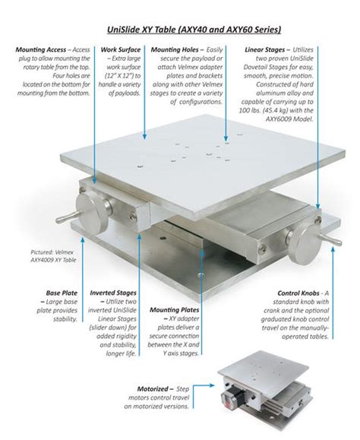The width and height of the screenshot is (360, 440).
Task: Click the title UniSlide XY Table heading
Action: click(194, 30)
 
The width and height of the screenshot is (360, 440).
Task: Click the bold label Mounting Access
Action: click(41, 49)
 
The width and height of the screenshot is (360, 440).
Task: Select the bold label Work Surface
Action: click(121, 49)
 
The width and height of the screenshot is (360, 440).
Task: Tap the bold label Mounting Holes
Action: click(175, 49)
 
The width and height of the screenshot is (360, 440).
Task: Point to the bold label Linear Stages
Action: click(264, 49)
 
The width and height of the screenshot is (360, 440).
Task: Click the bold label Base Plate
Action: click(62, 293)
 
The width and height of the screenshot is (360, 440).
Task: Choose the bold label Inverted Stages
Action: click(113, 293)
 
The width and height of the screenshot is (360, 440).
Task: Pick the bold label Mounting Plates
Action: click(175, 310)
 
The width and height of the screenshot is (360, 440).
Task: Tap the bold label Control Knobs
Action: click(298, 293)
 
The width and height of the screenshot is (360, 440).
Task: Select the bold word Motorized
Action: click(153, 389)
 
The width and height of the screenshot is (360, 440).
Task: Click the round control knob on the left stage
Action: click(92, 211)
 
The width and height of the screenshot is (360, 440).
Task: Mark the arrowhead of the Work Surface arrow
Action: click(144, 137)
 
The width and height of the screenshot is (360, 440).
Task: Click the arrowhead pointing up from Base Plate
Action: click(83, 239)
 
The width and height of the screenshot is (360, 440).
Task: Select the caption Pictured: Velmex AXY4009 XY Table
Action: click(53, 256)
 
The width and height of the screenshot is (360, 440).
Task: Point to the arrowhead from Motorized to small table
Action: click(212, 385)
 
